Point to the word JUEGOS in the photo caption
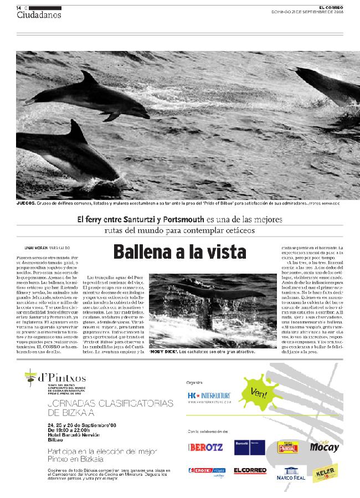coord(26,204)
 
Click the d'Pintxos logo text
coord(61,378)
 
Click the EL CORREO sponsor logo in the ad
coord(246,471)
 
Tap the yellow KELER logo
coord(324,474)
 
